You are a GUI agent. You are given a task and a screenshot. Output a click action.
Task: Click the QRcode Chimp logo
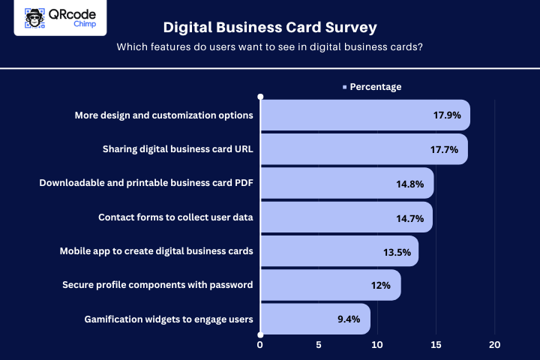[60, 18]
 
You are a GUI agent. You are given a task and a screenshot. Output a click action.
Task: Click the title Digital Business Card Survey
[270, 28]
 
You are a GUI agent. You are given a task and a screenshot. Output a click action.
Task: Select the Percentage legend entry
[372, 87]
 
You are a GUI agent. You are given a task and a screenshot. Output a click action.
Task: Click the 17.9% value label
[445, 115]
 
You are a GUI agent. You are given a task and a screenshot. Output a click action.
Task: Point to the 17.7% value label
[444, 149]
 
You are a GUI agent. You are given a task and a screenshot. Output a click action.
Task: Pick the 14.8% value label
[410, 184]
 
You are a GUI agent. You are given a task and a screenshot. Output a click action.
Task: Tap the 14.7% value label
[410, 218]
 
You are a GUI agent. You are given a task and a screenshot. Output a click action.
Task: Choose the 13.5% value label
[397, 252]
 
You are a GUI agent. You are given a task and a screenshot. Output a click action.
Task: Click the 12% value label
[380, 286]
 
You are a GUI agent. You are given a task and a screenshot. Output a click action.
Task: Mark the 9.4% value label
[349, 319]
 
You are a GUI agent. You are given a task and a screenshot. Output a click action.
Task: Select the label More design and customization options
[163, 115]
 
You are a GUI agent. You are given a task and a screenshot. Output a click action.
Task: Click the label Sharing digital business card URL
[178, 149]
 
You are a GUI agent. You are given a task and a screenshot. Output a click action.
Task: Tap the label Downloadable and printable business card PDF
[146, 184]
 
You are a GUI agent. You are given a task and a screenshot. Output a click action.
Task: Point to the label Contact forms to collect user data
[175, 218]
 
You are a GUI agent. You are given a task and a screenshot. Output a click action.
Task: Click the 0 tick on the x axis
[260, 345]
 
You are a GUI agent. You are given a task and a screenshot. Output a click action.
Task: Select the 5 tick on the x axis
[319, 345]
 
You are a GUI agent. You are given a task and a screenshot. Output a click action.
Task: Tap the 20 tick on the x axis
[494, 345]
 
